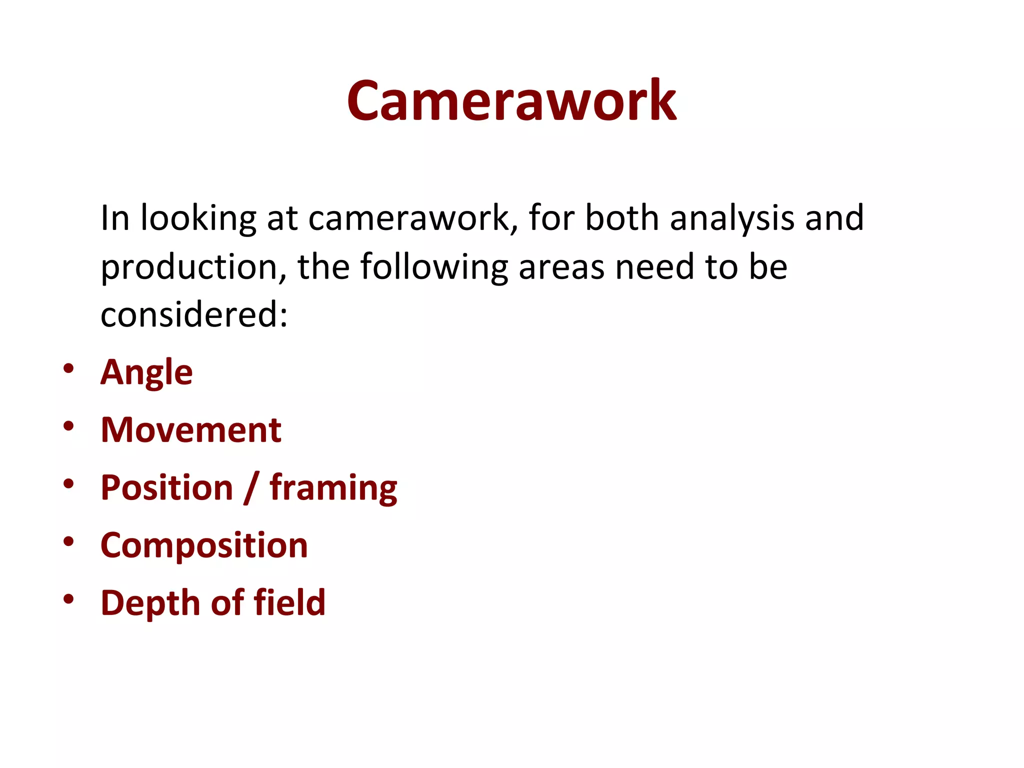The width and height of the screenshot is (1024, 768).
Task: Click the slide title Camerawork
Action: click(511, 101)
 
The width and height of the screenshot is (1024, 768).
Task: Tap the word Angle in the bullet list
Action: click(146, 372)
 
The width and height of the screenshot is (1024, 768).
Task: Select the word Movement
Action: click(191, 430)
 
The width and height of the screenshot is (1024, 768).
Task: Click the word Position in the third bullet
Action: click(167, 487)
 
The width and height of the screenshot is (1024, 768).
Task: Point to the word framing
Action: click(333, 488)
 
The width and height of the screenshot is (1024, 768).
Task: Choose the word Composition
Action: click(204, 545)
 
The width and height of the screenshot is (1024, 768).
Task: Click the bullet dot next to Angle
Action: click(69, 369)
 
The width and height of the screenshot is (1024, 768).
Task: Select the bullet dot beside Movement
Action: click(69, 426)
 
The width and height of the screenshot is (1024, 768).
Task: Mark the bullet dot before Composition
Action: click(69, 541)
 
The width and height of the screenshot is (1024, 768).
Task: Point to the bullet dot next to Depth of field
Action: click(69, 599)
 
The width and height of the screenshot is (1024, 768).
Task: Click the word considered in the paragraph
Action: click(194, 315)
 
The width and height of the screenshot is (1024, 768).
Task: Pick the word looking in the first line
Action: click(198, 218)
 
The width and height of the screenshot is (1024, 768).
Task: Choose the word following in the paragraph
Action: click(434, 267)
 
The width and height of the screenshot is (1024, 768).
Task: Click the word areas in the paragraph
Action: click(562, 267)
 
